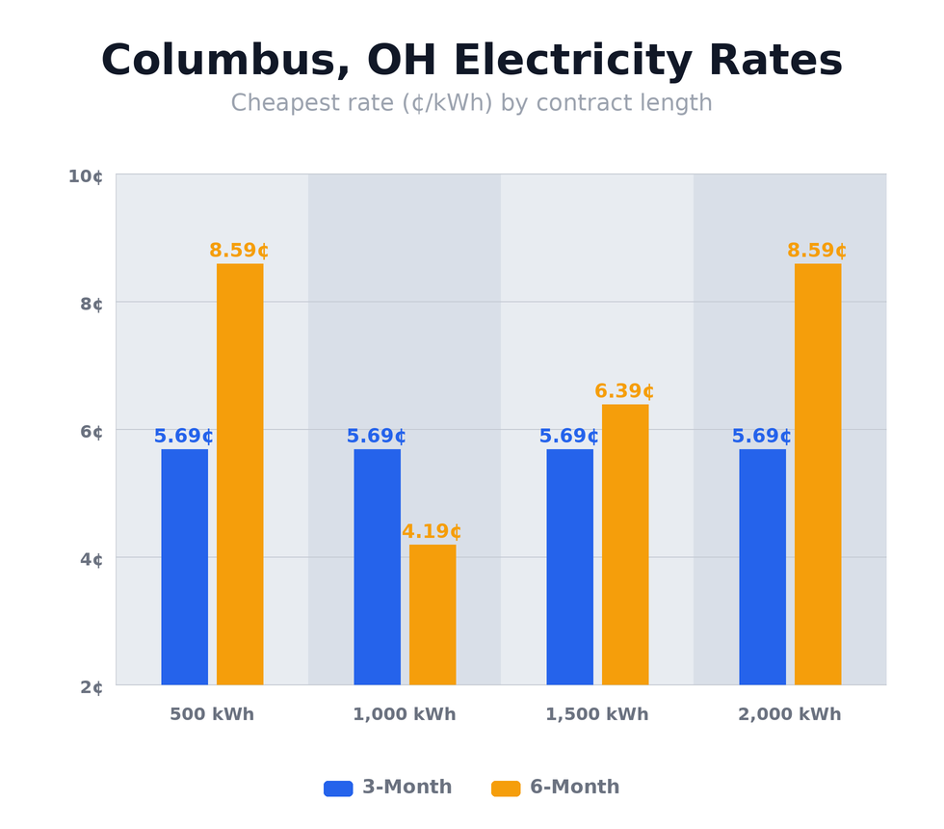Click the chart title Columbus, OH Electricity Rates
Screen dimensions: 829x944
pyautogui.click(x=471, y=61)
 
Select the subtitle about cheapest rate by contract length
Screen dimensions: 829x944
pyautogui.click(x=471, y=103)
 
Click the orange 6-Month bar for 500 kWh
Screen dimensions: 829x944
pyautogui.click(x=240, y=474)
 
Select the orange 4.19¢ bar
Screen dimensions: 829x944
pyautogui.click(x=433, y=615)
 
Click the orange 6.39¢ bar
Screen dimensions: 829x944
pyautogui.click(x=625, y=545)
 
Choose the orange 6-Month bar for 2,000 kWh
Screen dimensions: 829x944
pyautogui.click(x=818, y=474)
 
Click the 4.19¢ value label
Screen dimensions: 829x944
pyautogui.click(x=432, y=532)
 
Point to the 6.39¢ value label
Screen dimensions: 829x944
pyautogui.click(x=624, y=391)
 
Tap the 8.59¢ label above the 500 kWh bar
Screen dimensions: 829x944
pyautogui.click(x=239, y=251)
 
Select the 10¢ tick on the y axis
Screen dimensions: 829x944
pyautogui.click(x=85, y=176)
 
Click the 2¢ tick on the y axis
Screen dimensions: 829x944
pyautogui.click(x=92, y=687)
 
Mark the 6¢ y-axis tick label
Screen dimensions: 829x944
pyautogui.click(x=92, y=432)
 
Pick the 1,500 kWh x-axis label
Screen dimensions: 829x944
pyautogui.click(x=596, y=715)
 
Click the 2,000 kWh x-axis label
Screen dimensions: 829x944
pyautogui.click(x=789, y=715)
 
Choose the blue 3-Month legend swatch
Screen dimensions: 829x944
pyautogui.click(x=338, y=789)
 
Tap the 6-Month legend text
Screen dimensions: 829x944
pyautogui.click(x=574, y=788)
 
